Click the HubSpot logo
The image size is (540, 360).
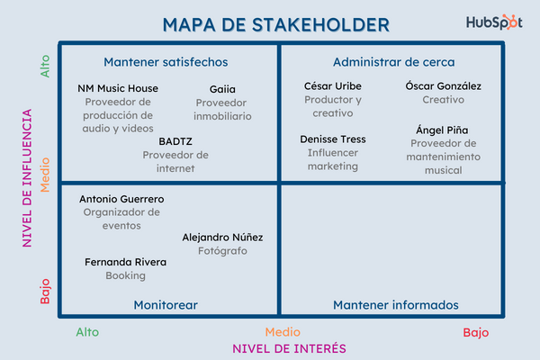tap(494, 23)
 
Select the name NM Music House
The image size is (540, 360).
tap(118, 88)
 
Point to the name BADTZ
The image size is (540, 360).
tap(175, 141)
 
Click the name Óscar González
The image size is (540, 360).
tap(444, 86)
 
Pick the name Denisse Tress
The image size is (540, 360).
tap(333, 139)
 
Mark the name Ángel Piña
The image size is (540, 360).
tap(443, 130)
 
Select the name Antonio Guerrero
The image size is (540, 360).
tap(121, 199)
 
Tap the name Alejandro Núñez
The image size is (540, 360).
tap(222, 237)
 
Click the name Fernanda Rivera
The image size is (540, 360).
tap(125, 262)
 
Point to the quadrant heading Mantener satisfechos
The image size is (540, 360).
tap(166, 62)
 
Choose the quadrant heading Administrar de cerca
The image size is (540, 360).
tap(394, 62)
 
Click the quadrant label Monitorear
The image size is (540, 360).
tap(166, 305)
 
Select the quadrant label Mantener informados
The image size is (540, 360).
tap(396, 305)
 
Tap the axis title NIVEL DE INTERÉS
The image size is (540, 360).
tap(290, 348)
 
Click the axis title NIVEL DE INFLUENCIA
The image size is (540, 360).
tap(28, 178)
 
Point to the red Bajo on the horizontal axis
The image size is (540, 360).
tap(476, 332)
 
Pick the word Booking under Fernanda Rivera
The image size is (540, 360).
tap(125, 275)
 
